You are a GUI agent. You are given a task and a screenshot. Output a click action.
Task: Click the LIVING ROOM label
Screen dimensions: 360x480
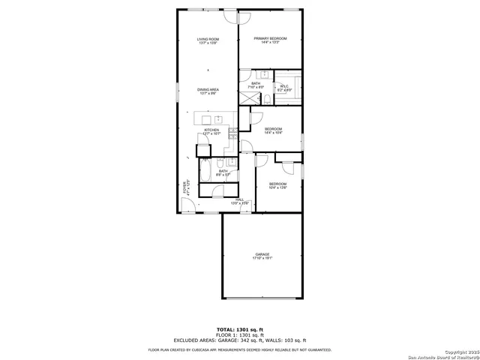pyautogui.click(x=208, y=38)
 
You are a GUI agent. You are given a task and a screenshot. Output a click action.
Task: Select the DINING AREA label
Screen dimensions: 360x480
pyautogui.click(x=208, y=90)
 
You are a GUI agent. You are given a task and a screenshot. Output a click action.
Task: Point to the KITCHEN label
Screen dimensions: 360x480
pyautogui.click(x=211, y=130)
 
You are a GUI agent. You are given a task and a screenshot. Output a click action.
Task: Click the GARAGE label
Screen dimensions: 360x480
pyautogui.click(x=262, y=254)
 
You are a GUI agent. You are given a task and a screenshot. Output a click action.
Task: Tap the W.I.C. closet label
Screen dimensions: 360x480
pyautogui.click(x=285, y=86)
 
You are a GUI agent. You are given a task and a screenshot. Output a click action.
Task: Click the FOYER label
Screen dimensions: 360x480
pyautogui.click(x=184, y=187)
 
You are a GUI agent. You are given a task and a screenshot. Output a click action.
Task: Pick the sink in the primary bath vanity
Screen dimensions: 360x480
pyautogui.click(x=263, y=75)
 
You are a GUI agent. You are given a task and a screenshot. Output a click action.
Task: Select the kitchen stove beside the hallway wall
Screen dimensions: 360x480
pyautogui.click(x=233, y=134)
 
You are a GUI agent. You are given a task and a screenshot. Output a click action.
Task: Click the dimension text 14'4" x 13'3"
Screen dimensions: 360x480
pyautogui.click(x=271, y=43)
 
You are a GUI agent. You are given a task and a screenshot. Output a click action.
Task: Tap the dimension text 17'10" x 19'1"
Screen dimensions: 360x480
pyautogui.click(x=262, y=259)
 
